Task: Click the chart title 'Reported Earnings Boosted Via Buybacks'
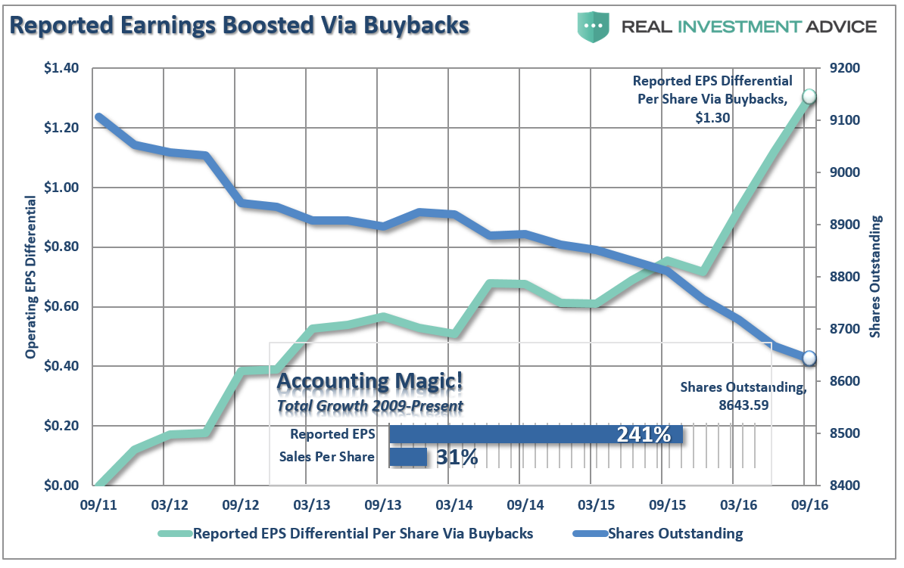239,24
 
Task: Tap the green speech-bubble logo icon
594,26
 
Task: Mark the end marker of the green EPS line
809,96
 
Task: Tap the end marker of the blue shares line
809,358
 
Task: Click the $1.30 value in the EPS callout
712,118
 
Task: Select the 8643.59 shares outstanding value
743,404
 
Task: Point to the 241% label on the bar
643,434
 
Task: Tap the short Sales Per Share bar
408,457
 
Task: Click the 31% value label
457,457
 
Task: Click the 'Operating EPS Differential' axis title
31,276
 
